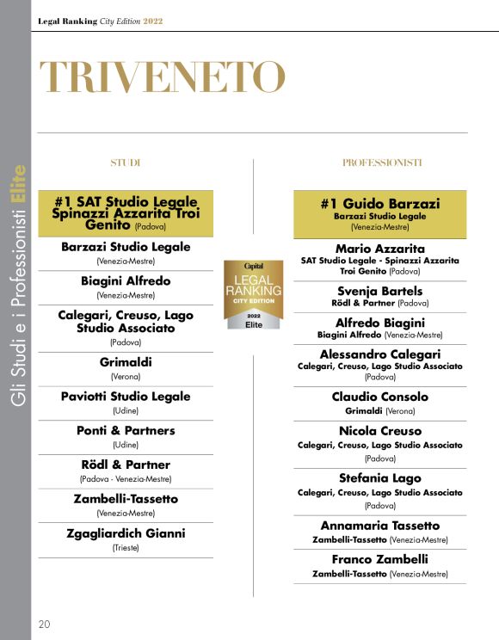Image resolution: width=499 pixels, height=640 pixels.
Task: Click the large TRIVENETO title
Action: pos(162,78)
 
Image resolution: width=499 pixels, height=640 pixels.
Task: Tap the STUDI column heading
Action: pos(126,163)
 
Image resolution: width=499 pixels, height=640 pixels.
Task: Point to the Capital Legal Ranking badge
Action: pos(253,294)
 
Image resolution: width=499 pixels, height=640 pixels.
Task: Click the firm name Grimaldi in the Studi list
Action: pos(126,362)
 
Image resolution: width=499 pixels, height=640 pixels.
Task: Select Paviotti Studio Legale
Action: pos(126,397)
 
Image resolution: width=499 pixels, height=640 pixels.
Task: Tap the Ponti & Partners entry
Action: pos(126,430)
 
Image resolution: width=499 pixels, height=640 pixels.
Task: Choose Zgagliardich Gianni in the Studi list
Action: pos(126,533)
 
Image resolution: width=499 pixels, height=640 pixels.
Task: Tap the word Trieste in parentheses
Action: pos(126,547)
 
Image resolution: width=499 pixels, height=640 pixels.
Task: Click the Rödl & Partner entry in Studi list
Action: pos(126,465)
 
